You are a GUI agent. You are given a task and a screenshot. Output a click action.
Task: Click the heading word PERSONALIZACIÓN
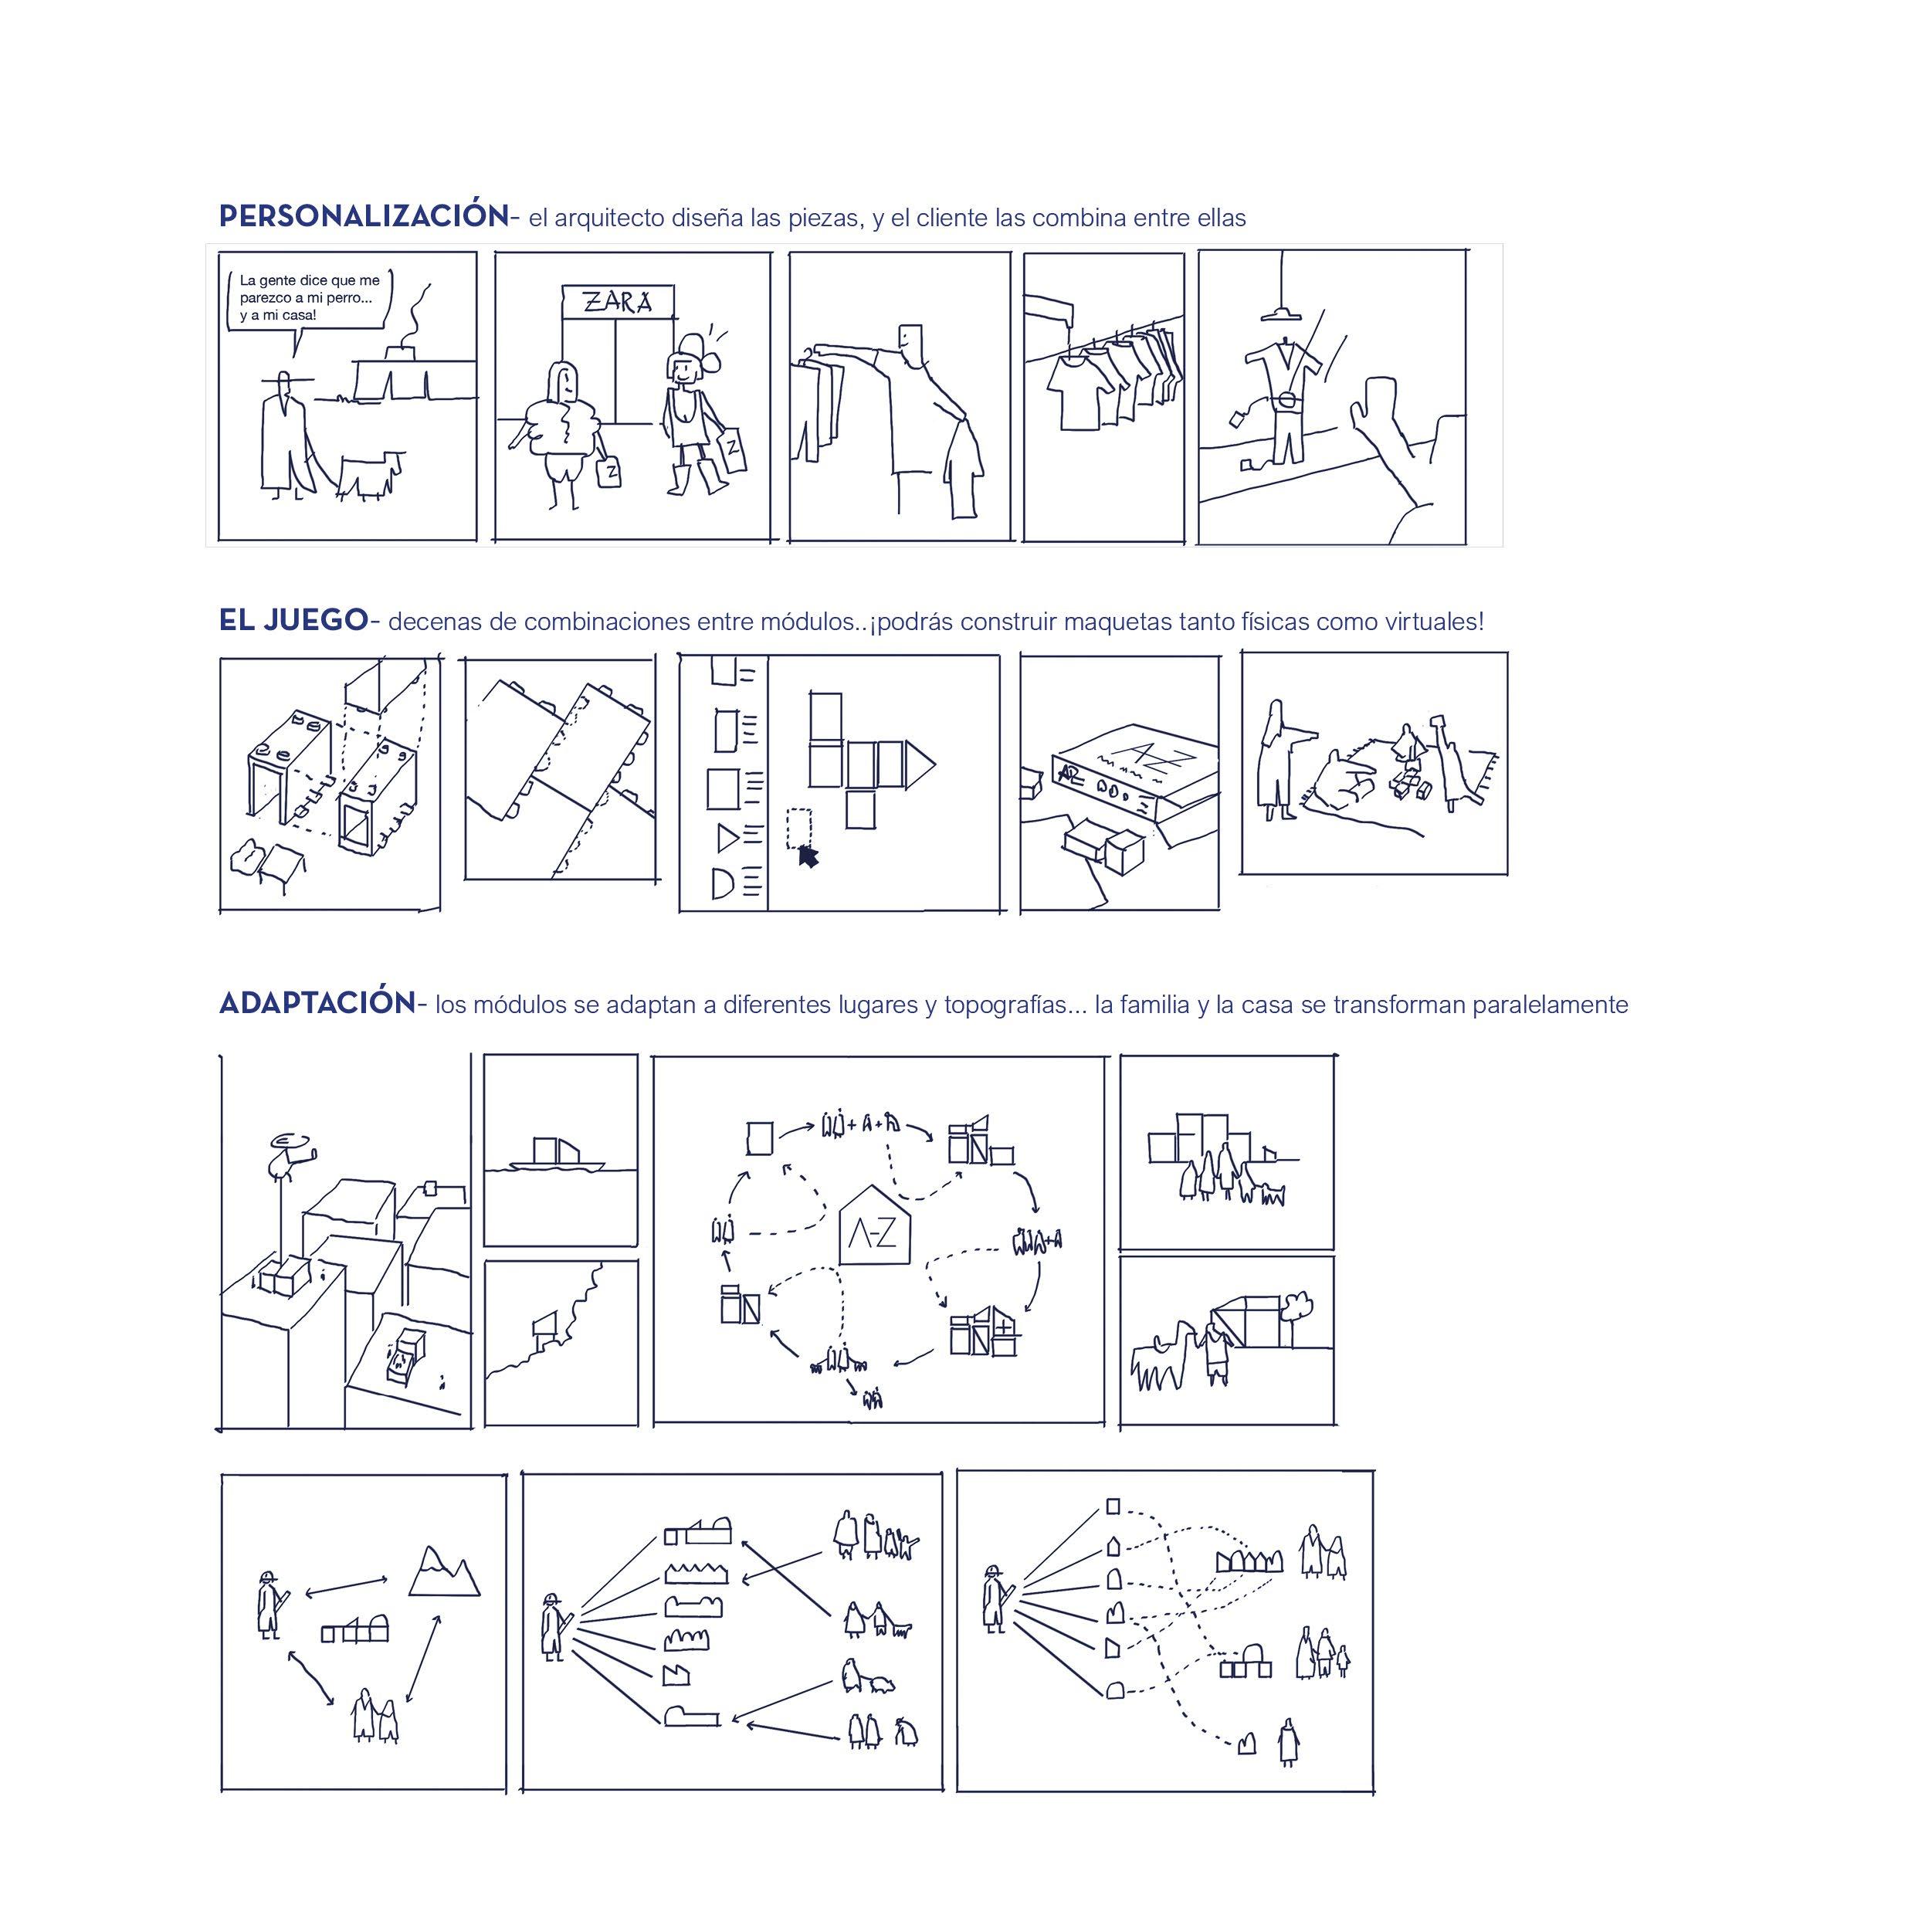pos(363,217)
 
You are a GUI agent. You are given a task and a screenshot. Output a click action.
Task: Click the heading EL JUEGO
pos(293,621)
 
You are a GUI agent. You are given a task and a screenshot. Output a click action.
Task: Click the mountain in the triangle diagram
pos(443,1571)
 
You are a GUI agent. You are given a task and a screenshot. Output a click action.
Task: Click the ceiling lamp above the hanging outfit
pos(1283,314)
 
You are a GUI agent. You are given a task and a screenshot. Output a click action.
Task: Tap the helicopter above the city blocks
pos(290,1152)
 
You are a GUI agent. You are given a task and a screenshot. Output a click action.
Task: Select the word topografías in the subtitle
pos(1006,1004)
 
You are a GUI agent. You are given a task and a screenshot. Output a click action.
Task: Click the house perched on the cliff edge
pos(546,1324)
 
